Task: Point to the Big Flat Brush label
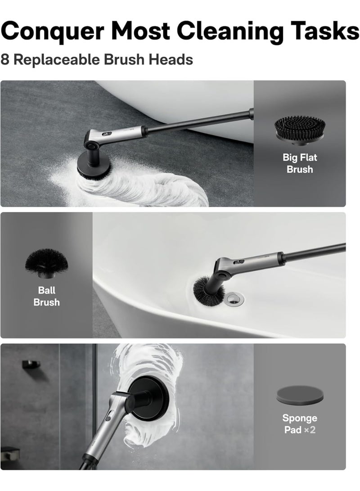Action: (x=300, y=163)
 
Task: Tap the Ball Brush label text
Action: (x=47, y=296)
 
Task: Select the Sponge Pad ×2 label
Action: (x=300, y=423)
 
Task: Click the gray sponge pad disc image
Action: (x=300, y=396)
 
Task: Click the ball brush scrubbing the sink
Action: (x=208, y=290)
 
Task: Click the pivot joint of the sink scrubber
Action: (x=223, y=275)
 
